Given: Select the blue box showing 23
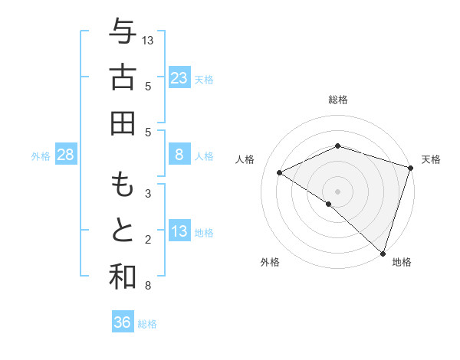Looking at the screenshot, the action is pyautogui.click(x=179, y=77).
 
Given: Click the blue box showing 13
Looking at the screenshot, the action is pyautogui.click(x=179, y=231).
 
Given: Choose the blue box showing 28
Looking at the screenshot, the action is pyautogui.click(x=66, y=155).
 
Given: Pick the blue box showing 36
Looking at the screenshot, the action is pyautogui.click(x=122, y=322).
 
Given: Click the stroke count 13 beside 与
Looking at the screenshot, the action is pyautogui.click(x=148, y=40).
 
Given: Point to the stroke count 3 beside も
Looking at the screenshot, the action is pyautogui.click(x=148, y=194).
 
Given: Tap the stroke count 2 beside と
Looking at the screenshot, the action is pyautogui.click(x=148, y=240).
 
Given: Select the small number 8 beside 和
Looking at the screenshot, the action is pyautogui.click(x=148, y=286).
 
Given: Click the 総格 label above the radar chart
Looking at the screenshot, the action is pyautogui.click(x=338, y=100).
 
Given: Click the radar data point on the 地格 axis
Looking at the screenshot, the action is pyautogui.click(x=383, y=252).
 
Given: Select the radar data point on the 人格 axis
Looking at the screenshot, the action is pyautogui.click(x=280, y=172).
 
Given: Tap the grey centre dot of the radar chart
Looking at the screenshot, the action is pyautogui.click(x=338, y=191).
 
